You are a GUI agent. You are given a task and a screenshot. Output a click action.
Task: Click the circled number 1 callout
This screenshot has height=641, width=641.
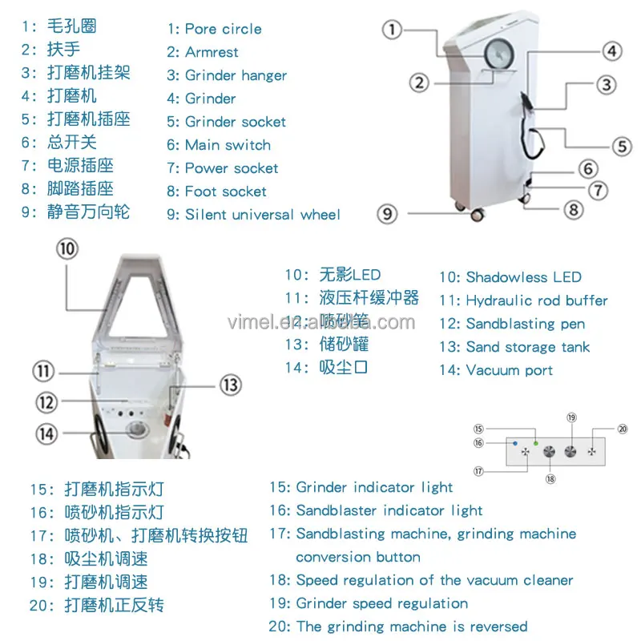click(391, 30)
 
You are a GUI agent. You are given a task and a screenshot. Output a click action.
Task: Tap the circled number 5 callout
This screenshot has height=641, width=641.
click(622, 147)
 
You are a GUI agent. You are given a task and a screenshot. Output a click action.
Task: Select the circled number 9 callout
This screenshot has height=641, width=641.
click(389, 213)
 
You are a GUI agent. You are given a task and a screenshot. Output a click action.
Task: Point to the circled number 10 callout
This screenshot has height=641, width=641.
click(68, 249)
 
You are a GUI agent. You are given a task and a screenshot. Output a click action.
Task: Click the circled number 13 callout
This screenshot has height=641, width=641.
click(230, 385)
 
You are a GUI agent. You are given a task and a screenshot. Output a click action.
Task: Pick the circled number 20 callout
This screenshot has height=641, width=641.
click(623, 429)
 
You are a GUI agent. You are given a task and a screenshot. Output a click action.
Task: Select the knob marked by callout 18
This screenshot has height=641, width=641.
click(549, 453)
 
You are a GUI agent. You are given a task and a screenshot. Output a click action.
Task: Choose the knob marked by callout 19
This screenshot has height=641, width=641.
click(571, 451)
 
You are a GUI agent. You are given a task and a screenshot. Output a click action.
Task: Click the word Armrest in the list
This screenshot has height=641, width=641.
click(212, 52)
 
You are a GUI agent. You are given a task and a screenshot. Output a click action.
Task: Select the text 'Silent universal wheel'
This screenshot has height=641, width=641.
click(262, 215)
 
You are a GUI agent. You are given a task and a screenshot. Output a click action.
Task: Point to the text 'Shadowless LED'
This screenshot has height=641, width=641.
click(523, 277)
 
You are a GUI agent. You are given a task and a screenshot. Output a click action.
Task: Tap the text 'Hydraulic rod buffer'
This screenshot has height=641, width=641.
click(536, 300)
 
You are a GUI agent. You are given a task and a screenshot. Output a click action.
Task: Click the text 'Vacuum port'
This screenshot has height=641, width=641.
click(509, 370)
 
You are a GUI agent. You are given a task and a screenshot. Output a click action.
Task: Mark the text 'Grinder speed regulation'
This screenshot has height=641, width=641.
click(381, 603)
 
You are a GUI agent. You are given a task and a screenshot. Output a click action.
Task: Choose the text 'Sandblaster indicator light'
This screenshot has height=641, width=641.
click(389, 510)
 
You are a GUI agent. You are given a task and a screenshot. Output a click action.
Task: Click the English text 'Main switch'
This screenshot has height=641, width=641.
click(228, 145)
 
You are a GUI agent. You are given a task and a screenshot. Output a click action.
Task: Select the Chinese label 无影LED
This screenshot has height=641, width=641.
click(350, 275)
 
